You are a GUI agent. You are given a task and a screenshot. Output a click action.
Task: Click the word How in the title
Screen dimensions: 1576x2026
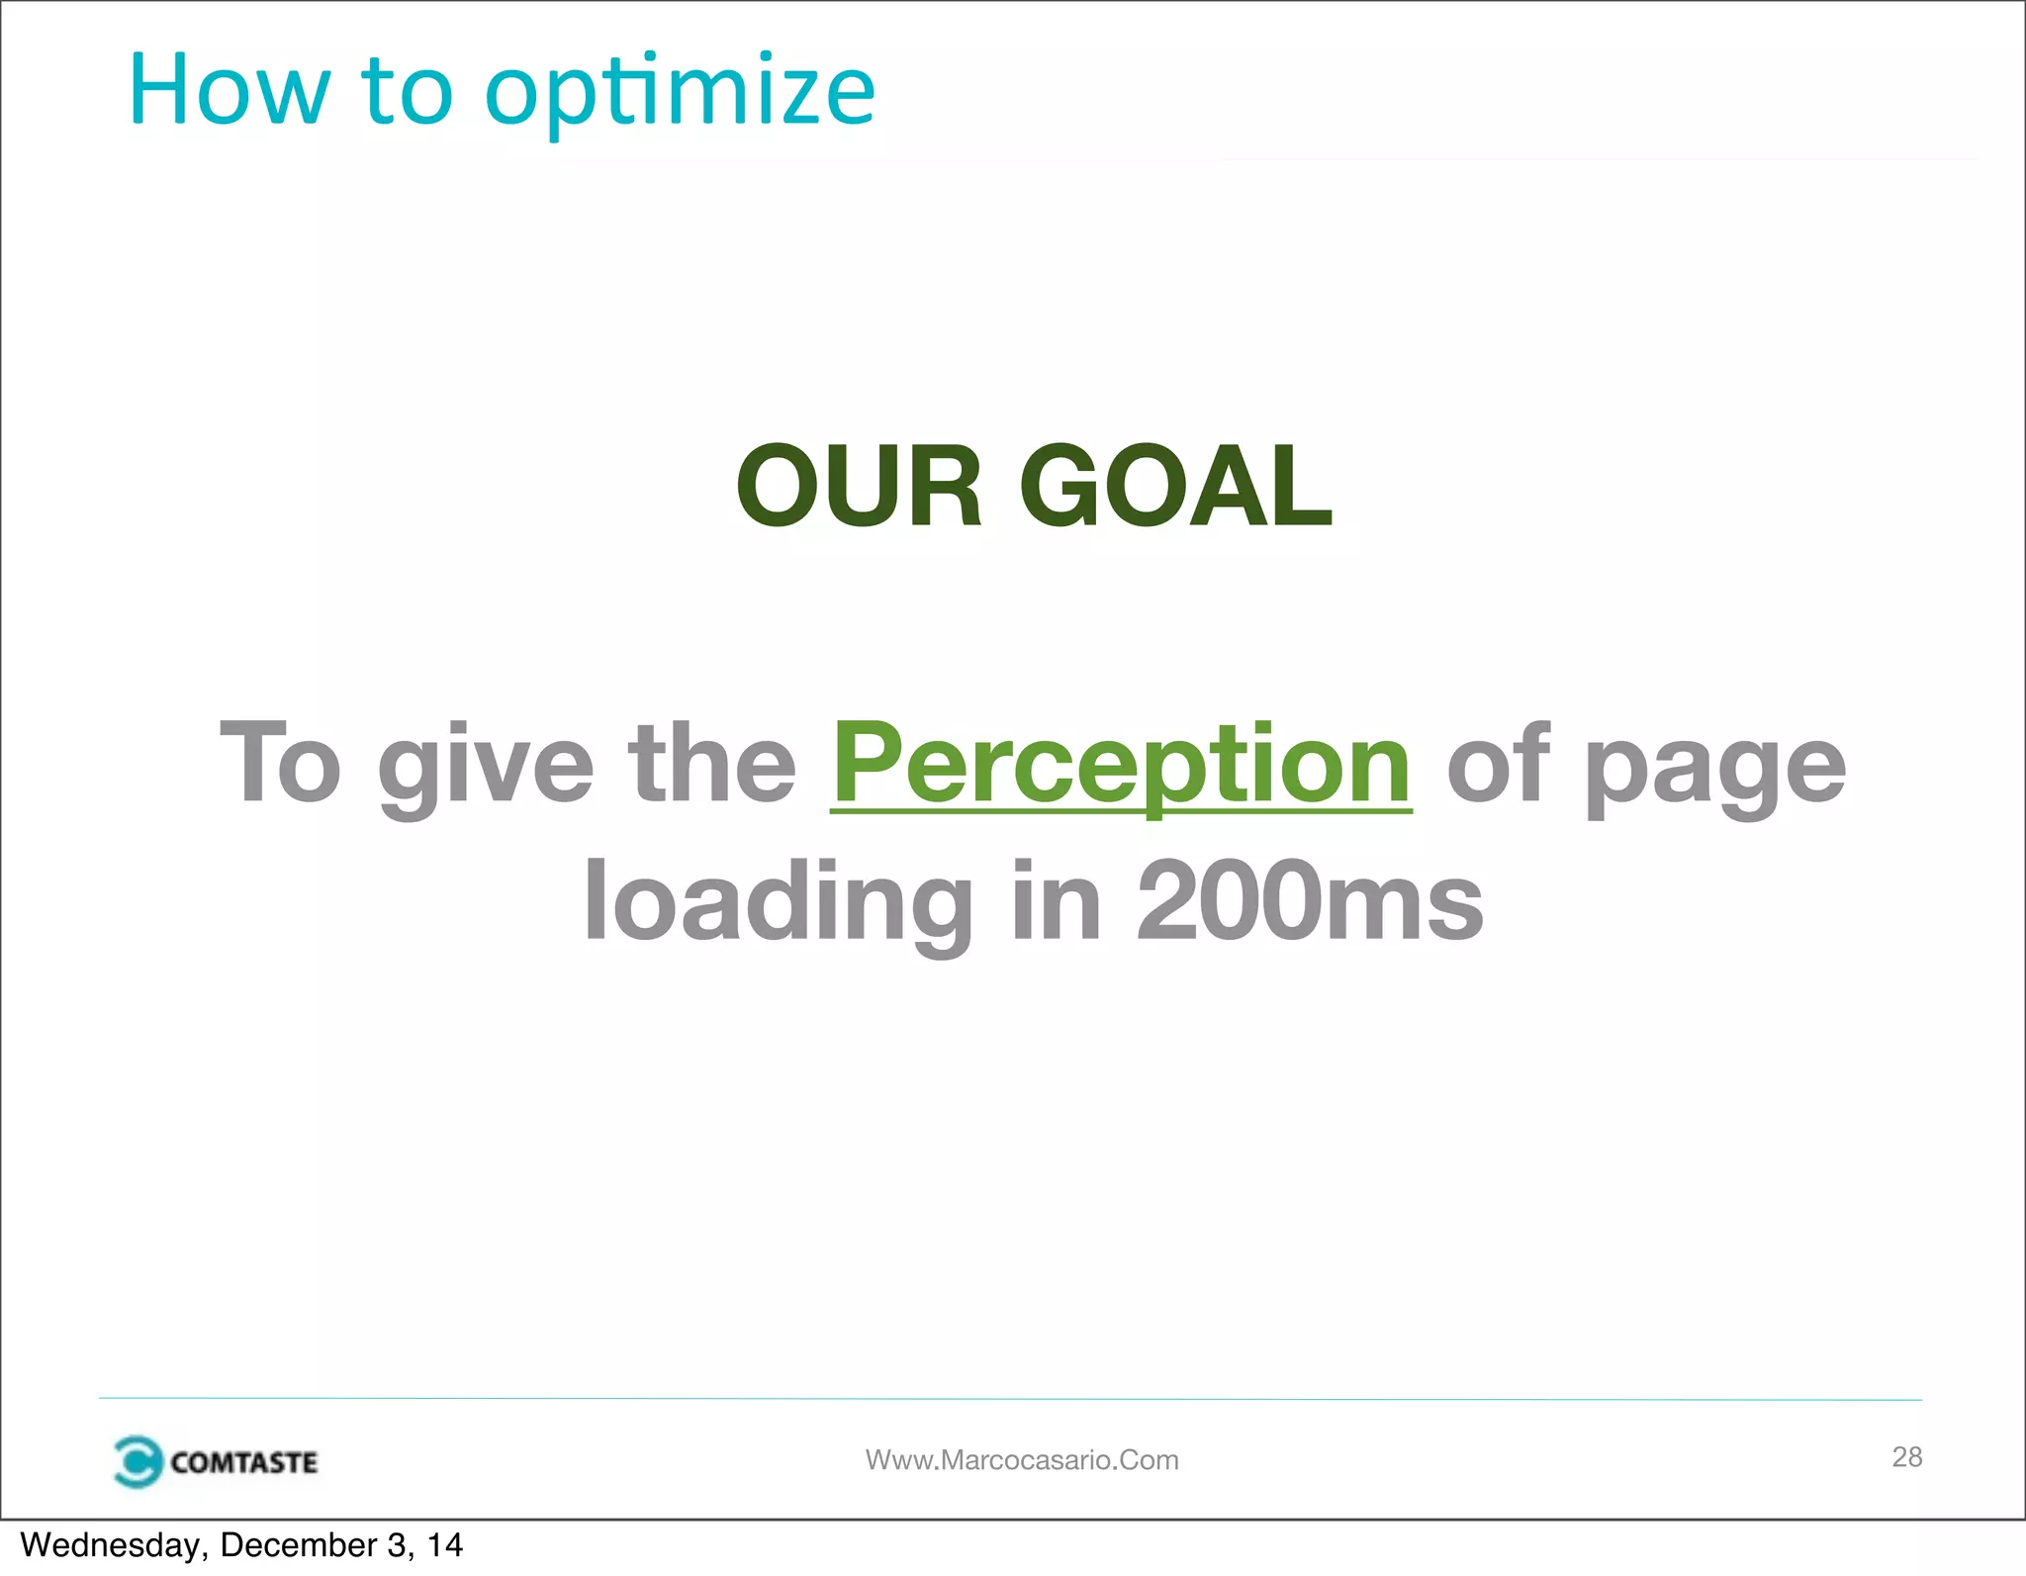[x=229, y=91]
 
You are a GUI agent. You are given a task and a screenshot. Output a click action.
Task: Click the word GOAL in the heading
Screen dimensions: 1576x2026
[x=1176, y=486]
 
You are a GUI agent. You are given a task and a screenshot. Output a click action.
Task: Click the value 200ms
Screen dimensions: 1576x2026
[x=1310, y=900]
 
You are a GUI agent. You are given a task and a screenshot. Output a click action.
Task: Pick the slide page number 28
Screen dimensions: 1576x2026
[x=1906, y=1456]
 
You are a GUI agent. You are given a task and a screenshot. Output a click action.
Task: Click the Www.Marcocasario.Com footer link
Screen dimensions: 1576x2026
[x=1022, y=1460]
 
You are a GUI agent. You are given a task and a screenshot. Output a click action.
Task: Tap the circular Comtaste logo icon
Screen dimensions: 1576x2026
[x=137, y=1461]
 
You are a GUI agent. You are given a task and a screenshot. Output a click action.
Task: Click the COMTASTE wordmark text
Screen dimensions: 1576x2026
[x=243, y=1462]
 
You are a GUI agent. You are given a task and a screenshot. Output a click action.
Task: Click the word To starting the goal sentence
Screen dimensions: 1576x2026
[x=280, y=764]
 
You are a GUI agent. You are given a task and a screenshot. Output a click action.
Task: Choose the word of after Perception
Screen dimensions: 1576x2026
[x=1497, y=764]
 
